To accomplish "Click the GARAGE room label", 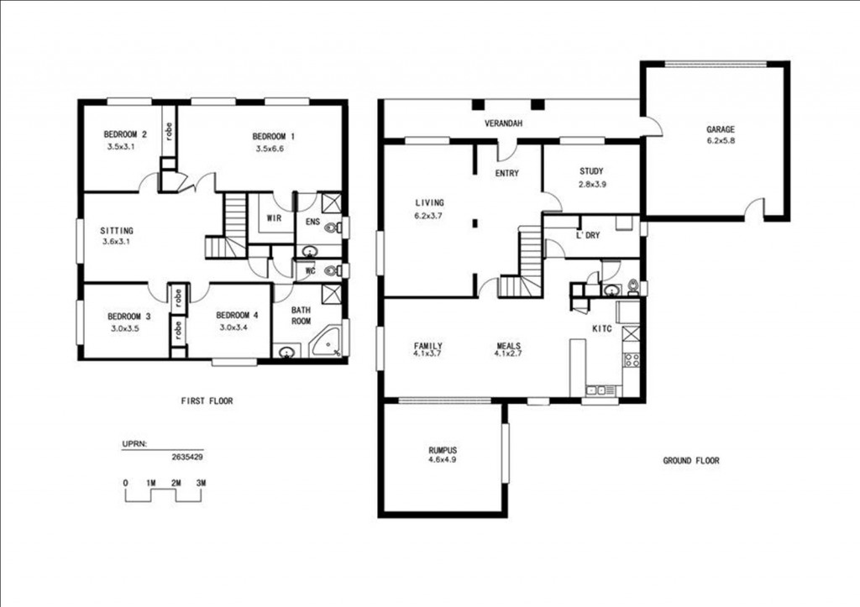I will tap(720, 129).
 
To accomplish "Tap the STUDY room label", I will tap(590, 171).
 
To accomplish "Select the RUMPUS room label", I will tap(442, 449).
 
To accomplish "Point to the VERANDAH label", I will tap(504, 124).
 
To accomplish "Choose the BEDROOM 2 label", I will tap(125, 134).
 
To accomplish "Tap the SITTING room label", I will tap(117, 230).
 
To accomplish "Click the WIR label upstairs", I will tap(273, 218).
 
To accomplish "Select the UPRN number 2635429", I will tap(186, 458).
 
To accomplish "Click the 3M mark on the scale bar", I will tap(201, 483).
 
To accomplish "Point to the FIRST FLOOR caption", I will tap(207, 401).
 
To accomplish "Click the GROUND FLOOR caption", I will tap(690, 460).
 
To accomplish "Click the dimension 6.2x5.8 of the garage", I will tap(720, 142).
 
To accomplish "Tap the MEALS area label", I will tap(508, 345).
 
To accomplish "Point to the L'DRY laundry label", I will tap(587, 236).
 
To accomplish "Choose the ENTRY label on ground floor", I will tap(506, 174).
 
